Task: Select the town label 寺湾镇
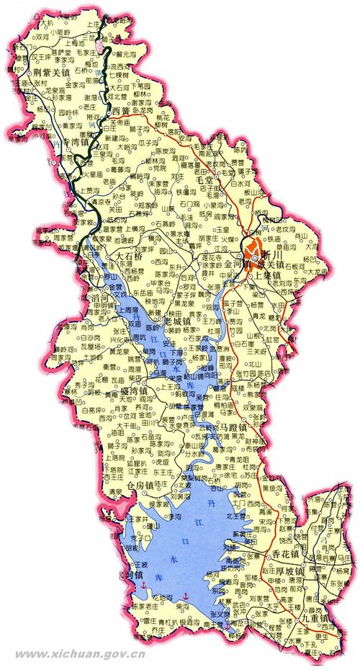tap(81, 143)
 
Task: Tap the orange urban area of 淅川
tap(253, 249)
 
